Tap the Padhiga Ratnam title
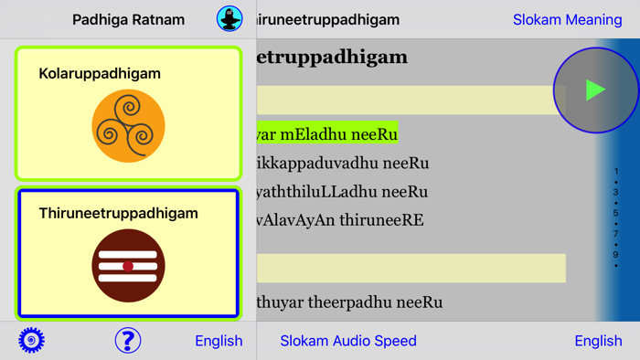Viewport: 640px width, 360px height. point(128,19)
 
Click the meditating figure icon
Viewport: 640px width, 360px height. point(229,18)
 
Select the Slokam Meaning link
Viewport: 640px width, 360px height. point(567,19)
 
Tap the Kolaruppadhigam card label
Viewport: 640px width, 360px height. point(100,73)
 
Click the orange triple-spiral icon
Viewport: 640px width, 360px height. point(128,127)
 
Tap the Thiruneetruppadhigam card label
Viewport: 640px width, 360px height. point(118,213)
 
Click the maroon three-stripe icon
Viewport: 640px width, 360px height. point(128,266)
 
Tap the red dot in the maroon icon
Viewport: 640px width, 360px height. point(128,267)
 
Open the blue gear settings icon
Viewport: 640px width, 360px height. point(31,340)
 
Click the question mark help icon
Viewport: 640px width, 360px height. point(128,340)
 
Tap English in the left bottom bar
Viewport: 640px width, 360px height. point(219,341)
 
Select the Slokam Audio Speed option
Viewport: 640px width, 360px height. point(348,341)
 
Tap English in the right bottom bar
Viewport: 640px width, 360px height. point(598,341)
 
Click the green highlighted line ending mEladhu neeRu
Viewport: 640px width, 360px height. point(327,134)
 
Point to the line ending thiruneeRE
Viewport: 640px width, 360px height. point(341,220)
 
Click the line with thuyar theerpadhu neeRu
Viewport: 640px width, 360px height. point(350,302)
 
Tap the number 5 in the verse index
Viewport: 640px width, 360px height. point(616,213)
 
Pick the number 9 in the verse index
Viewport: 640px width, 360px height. point(616,255)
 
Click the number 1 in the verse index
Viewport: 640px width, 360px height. point(616,172)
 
